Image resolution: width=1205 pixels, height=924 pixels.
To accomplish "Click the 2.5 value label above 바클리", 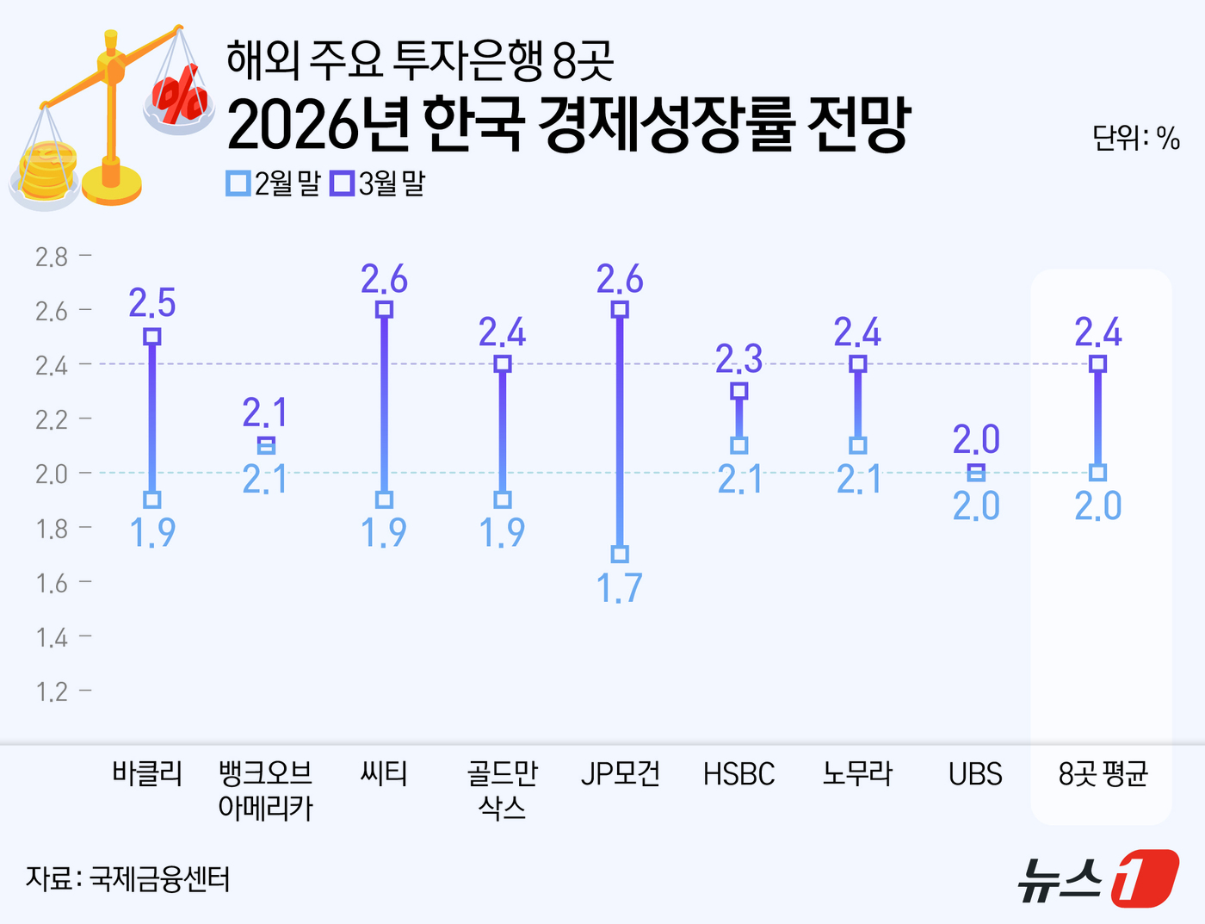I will [x=152, y=304].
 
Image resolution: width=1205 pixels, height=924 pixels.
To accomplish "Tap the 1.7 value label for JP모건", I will [x=620, y=588].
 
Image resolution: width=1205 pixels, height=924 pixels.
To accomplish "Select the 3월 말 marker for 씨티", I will [x=385, y=309].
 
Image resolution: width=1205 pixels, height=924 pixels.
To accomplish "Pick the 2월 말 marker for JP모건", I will [x=620, y=554].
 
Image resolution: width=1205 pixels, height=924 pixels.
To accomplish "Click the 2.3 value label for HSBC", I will [x=739, y=359].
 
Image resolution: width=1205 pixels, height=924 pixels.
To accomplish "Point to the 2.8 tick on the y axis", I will [x=52, y=257].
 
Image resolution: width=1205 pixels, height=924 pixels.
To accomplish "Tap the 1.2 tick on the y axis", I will [x=52, y=691].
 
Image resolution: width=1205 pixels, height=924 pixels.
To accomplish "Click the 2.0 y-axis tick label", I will [x=52, y=474].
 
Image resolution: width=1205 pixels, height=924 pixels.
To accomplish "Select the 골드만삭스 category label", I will [x=503, y=791].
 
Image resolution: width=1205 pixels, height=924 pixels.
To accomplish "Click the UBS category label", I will [x=975, y=774].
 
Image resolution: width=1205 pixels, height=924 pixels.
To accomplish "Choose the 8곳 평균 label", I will [x=1103, y=774].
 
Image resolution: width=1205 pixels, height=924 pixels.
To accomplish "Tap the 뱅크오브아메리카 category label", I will [x=266, y=791].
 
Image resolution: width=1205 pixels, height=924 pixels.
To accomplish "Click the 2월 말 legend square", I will [x=238, y=183].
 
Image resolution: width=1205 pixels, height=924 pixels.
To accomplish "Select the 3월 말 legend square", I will [x=343, y=183].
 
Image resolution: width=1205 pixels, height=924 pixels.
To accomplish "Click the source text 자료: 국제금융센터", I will [x=127, y=879].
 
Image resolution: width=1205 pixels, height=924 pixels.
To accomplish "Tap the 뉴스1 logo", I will [x=1097, y=878].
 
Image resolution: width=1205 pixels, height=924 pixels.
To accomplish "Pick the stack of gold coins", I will [x=47, y=171].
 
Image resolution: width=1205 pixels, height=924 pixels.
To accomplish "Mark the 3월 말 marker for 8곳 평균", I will [x=1097, y=363].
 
